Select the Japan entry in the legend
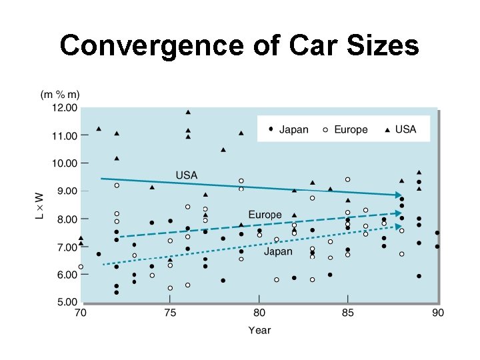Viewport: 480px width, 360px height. click(289, 129)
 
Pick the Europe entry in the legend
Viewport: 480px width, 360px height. click(345, 129)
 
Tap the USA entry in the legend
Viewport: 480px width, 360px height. click(400, 129)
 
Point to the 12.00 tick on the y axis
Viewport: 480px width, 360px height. click(64, 107)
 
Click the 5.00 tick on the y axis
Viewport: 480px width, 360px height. click(65, 302)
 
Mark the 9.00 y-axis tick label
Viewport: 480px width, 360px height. click(65, 191)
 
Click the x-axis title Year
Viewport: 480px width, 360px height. click(259, 330)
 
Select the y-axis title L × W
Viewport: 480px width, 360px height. click(39, 205)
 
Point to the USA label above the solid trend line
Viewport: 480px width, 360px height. click(186, 175)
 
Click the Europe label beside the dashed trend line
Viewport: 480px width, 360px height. click(265, 214)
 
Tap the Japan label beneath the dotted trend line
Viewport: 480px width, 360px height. click(277, 251)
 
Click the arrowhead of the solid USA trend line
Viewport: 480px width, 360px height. click(397, 195)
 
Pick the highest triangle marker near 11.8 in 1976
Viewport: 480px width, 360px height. click(188, 112)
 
